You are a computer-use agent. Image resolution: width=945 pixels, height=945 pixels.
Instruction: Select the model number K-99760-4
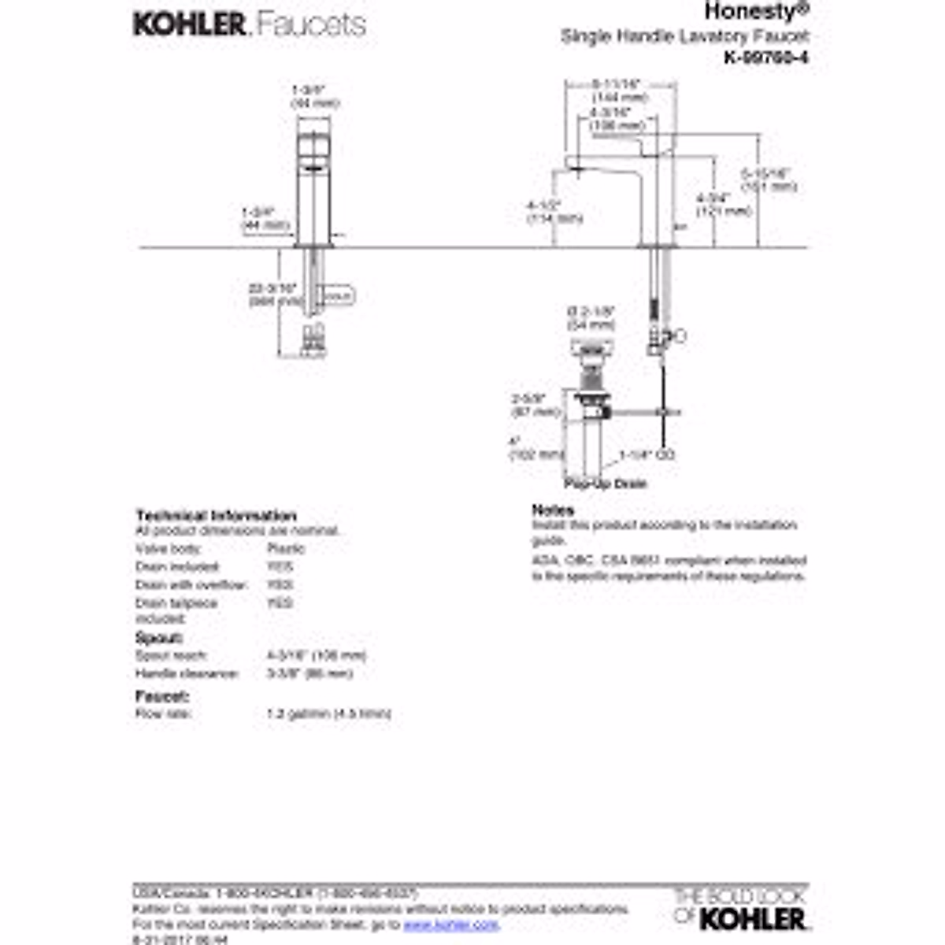765,57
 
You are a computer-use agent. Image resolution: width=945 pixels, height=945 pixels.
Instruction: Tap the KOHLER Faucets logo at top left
250,24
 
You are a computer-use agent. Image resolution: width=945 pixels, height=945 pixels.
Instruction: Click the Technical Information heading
216,516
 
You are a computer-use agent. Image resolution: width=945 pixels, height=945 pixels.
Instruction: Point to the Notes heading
553,510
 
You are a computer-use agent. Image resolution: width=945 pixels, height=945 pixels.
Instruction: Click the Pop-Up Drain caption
606,483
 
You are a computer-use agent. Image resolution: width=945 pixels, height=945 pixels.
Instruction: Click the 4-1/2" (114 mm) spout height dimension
554,212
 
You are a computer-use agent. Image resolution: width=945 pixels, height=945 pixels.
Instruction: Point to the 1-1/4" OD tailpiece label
647,455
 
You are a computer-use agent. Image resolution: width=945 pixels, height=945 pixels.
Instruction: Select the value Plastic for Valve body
286,549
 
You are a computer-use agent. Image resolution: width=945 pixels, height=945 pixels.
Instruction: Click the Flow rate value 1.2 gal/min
329,714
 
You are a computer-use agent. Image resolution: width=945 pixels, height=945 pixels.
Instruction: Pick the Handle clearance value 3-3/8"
310,674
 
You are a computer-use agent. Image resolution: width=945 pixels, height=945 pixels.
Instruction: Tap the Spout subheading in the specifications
159,638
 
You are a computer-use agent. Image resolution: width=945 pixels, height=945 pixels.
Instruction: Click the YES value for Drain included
280,567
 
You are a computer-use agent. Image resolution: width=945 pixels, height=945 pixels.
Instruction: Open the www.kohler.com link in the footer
451,924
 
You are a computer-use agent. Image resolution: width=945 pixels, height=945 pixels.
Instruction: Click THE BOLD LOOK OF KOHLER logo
740,908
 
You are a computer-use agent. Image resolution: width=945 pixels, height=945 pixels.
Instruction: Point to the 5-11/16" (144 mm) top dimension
619,90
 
